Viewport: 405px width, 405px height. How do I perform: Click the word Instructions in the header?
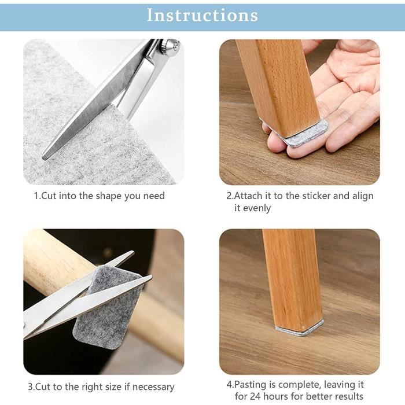[203, 15]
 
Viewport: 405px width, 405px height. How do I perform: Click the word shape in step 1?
[109, 196]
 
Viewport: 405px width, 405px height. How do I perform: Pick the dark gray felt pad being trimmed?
[107, 307]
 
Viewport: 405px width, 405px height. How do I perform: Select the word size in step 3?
[112, 386]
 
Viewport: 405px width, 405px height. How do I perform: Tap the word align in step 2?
[363, 196]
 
